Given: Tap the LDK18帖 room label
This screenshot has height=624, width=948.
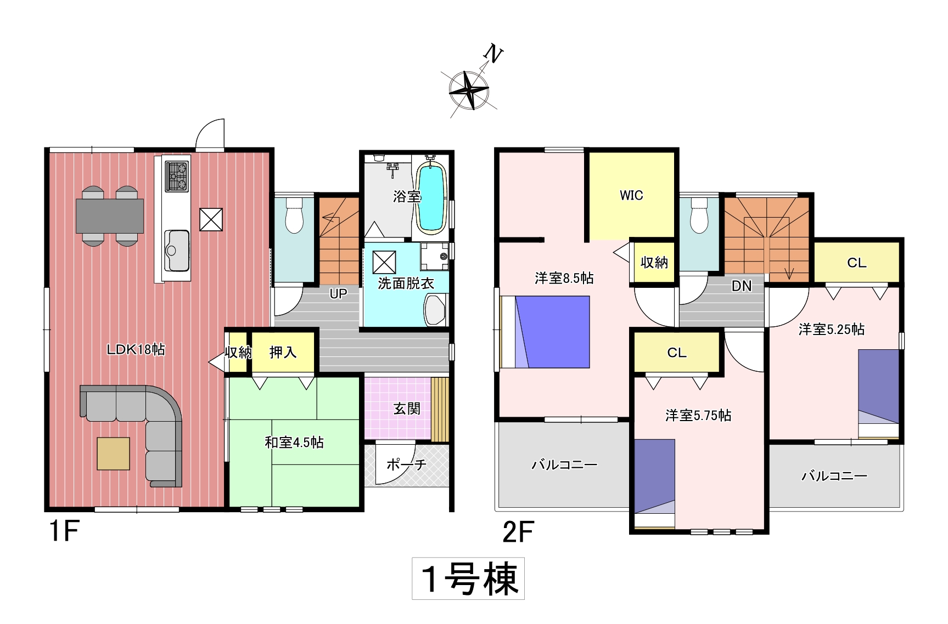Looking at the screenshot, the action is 136,349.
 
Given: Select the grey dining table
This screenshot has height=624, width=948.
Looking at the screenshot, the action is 110,216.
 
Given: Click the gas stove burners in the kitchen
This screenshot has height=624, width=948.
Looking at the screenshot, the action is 177,176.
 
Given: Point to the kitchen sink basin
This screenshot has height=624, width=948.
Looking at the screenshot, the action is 177,251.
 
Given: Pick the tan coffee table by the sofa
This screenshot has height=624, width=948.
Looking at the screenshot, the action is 114,453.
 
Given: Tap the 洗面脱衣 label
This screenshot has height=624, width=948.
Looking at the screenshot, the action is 406,283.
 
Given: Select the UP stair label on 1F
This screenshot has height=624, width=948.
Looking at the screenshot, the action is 338,293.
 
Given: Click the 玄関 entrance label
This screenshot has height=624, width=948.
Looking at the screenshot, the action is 407,409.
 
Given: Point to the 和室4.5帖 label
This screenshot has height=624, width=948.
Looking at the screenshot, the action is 294,442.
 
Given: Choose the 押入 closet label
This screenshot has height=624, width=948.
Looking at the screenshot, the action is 283,352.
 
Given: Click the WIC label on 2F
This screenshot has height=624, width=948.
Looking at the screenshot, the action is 631,195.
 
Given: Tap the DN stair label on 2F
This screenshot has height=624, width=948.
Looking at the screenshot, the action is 742,286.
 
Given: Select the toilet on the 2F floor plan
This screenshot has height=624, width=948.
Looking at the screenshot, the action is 699,215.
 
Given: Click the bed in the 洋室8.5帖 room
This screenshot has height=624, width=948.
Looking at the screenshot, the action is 545,332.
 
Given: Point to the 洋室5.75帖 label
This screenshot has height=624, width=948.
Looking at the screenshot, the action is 698,415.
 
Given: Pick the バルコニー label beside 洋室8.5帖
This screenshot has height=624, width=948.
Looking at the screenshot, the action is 564,465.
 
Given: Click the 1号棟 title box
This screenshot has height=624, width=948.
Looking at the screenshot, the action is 468,578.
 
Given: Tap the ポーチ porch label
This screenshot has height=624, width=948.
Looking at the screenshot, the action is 406,464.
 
